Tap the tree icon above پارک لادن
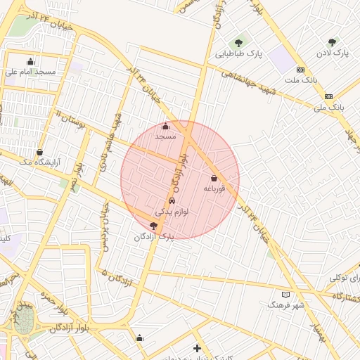332,42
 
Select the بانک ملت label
301,79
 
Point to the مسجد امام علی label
30,71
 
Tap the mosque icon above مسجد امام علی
30,61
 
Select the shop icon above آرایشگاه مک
39,151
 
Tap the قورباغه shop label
213,188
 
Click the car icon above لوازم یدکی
172,200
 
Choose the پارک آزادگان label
153,237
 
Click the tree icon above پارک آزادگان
154,226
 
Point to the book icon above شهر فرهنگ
285,295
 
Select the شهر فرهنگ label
285,305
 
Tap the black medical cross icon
197,348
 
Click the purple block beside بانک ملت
282,59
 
